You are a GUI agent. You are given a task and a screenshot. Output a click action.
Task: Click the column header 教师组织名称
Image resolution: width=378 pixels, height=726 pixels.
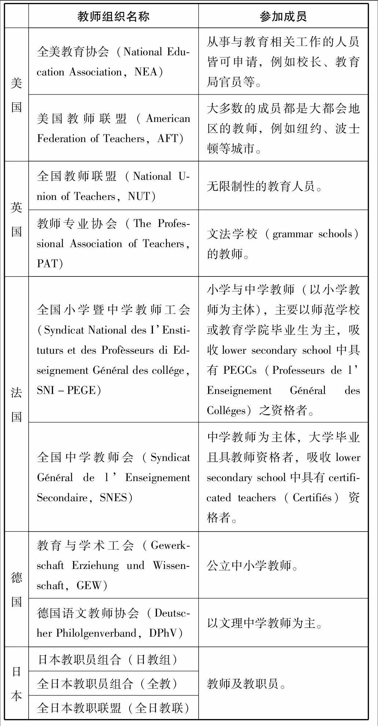(113, 16)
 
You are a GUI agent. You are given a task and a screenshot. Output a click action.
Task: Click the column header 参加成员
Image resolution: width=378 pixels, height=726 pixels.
(283, 16)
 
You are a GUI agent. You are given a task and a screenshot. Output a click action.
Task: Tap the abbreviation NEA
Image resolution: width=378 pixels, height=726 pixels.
(145, 72)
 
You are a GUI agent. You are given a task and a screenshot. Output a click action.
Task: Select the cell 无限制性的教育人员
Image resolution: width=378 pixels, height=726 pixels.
(264, 187)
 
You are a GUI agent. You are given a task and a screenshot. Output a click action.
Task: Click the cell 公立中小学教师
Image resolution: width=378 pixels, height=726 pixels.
(252, 566)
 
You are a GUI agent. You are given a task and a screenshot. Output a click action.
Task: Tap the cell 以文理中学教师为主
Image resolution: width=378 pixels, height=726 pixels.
(264, 623)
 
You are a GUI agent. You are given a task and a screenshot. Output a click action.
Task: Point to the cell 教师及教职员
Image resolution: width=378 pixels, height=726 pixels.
(246, 683)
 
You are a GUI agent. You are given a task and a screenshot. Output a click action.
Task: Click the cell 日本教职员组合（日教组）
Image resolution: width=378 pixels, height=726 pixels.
(108, 659)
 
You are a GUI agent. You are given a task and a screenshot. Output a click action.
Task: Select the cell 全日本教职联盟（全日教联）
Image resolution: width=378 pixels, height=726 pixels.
(113, 708)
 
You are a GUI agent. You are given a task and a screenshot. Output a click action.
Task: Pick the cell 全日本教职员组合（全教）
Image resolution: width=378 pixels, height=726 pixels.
(108, 684)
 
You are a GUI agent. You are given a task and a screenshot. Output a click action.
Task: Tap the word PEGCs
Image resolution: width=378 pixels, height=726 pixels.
(240, 370)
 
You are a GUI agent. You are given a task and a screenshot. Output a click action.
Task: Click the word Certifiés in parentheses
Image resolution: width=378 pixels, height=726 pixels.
(312, 498)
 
